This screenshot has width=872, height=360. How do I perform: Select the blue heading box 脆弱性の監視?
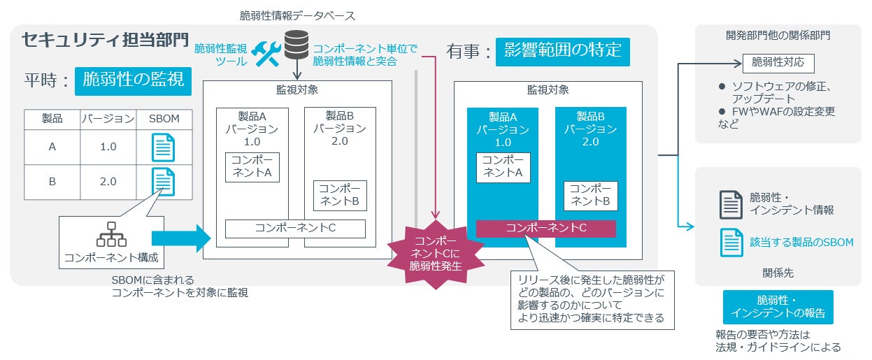tap(133, 80)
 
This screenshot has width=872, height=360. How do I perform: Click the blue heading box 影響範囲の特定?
tap(562, 51)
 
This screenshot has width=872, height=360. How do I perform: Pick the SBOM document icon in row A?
tap(164, 147)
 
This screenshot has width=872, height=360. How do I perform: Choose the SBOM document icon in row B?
tap(164, 182)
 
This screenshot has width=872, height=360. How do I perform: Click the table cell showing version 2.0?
tap(108, 182)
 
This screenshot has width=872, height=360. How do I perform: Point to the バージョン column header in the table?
tap(108, 119)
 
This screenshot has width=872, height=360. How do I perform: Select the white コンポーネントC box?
tap(295, 229)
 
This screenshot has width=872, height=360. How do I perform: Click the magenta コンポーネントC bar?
tap(545, 229)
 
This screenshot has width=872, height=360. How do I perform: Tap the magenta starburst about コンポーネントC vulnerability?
tap(436, 253)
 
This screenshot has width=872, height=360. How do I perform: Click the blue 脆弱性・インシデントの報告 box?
tap(778, 307)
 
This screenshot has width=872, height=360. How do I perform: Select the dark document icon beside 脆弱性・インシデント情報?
tap(731, 204)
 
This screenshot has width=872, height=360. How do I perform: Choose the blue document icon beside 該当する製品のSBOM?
tap(731, 242)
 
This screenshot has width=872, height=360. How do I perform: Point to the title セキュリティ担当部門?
tap(105, 39)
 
